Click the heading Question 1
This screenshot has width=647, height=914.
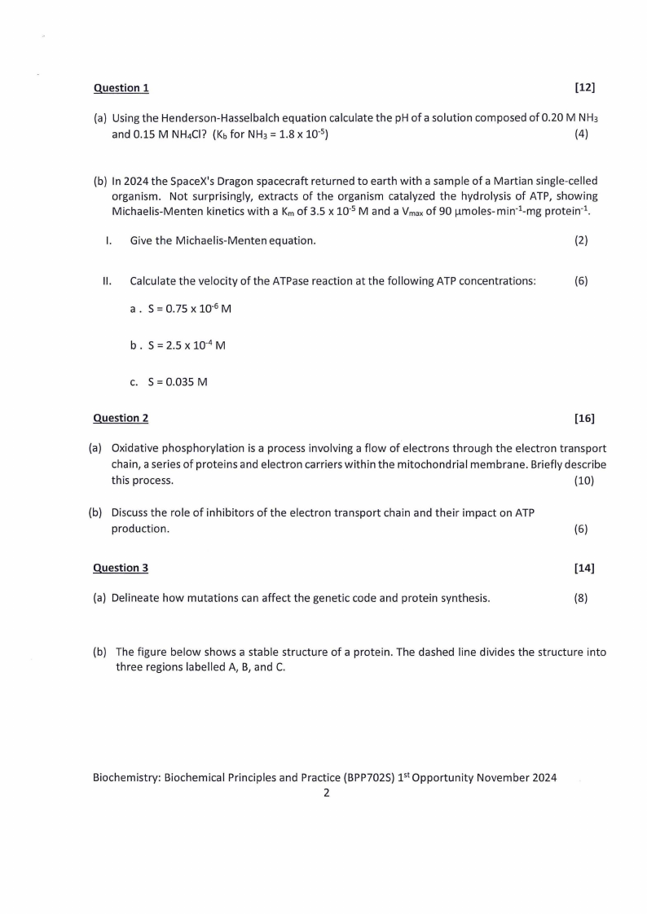[x=121, y=87]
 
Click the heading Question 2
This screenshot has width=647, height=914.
[x=121, y=418]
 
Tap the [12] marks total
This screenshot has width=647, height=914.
[x=584, y=87]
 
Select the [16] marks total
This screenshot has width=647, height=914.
[x=584, y=418]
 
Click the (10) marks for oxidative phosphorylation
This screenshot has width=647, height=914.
[x=584, y=480]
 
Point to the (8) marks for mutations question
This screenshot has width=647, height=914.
[x=581, y=598]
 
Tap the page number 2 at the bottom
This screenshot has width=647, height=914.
[x=326, y=793]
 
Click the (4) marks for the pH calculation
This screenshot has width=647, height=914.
[x=581, y=134]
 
